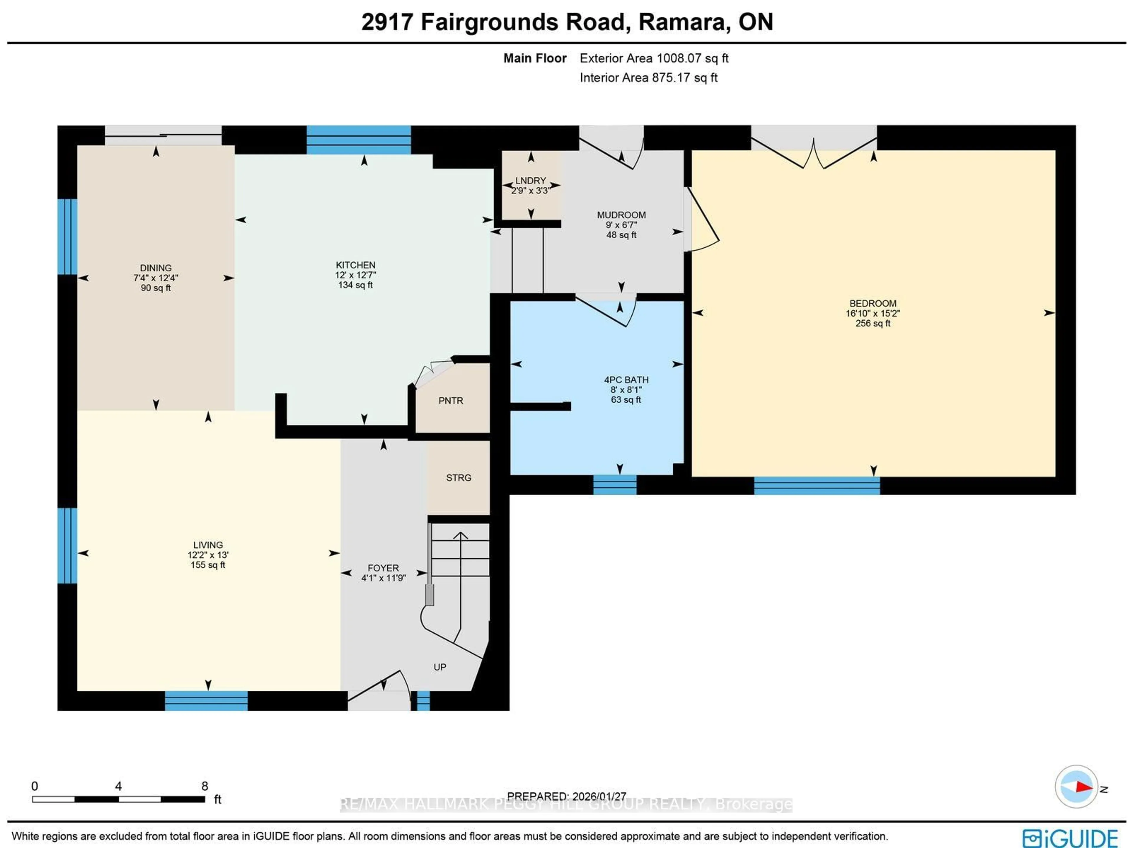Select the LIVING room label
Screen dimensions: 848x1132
[x=208, y=545]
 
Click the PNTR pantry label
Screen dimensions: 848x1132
[x=450, y=401]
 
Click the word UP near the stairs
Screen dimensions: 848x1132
[x=440, y=667]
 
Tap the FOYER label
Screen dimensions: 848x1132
[x=383, y=568]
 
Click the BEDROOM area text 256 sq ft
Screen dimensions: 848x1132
[x=873, y=323]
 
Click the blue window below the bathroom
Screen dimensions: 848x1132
[x=615, y=484]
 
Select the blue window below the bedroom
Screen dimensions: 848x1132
[x=817, y=485]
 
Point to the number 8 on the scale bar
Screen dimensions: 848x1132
[x=204, y=786]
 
